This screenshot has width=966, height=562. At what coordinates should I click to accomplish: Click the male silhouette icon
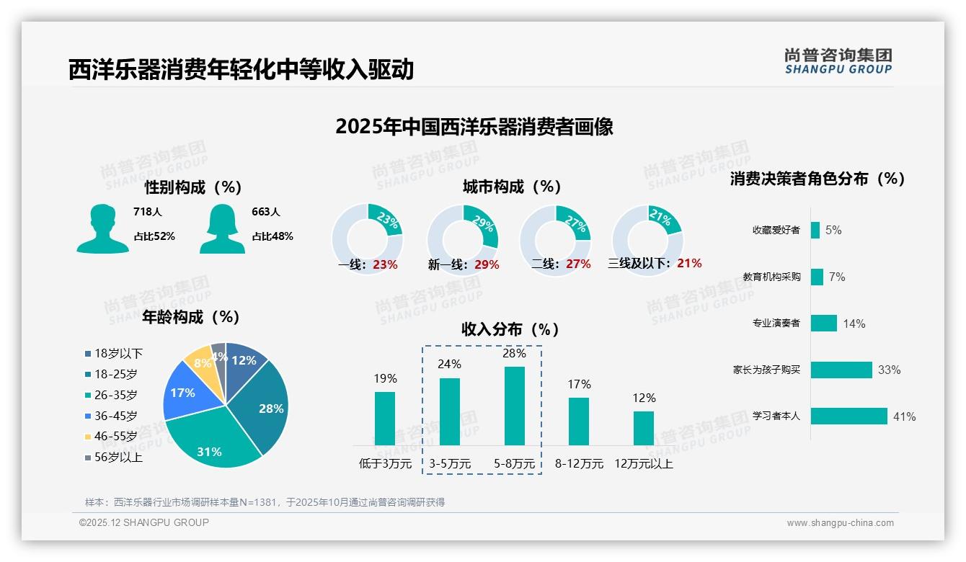102,228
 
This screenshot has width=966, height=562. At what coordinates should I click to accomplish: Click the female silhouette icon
222,228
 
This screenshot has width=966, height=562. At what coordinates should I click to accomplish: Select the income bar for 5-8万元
514,406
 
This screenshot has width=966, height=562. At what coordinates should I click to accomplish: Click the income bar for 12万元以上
644,428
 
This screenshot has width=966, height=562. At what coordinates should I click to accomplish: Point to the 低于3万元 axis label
384,464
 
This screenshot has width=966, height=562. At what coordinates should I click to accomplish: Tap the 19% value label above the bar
385,378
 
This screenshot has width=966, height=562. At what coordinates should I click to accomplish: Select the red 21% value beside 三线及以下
689,264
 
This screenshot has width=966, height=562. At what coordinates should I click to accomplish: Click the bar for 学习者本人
848,416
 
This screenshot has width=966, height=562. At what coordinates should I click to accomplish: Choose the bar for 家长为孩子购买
841,370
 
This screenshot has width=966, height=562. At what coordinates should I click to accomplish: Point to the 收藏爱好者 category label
776,231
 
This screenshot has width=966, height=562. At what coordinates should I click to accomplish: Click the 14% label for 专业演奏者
854,324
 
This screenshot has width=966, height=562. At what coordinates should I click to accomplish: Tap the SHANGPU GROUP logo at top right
838,61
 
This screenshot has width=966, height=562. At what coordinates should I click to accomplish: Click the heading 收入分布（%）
510,329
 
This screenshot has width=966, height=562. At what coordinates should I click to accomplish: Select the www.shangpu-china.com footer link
840,523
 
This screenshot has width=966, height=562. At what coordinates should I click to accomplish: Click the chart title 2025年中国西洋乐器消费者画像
474,127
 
